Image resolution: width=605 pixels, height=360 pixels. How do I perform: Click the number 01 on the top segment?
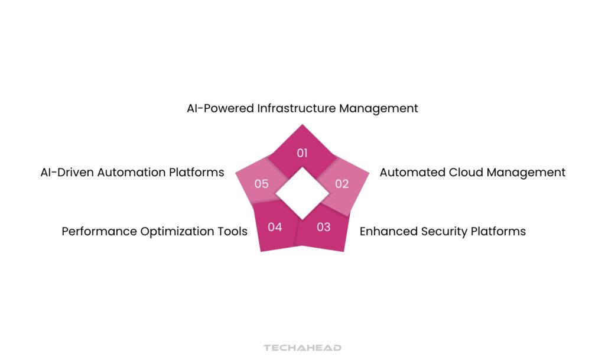(302, 153)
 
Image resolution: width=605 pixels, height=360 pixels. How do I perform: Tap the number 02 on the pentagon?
(342, 184)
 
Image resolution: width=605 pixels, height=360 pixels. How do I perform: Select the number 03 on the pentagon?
(323, 226)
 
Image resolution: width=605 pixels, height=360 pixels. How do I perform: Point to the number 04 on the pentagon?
(275, 226)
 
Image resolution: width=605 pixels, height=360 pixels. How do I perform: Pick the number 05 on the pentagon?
(262, 184)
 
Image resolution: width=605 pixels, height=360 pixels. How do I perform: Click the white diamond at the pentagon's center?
(302, 193)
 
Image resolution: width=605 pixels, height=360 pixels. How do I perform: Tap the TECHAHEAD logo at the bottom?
(302, 348)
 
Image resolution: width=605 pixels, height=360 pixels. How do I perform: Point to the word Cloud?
(466, 173)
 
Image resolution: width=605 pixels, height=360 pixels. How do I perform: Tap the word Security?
(440, 231)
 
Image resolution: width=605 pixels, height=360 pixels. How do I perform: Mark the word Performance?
(99, 231)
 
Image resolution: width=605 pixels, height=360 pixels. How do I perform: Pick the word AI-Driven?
(65, 173)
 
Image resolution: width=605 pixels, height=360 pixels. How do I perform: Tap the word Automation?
(131, 173)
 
